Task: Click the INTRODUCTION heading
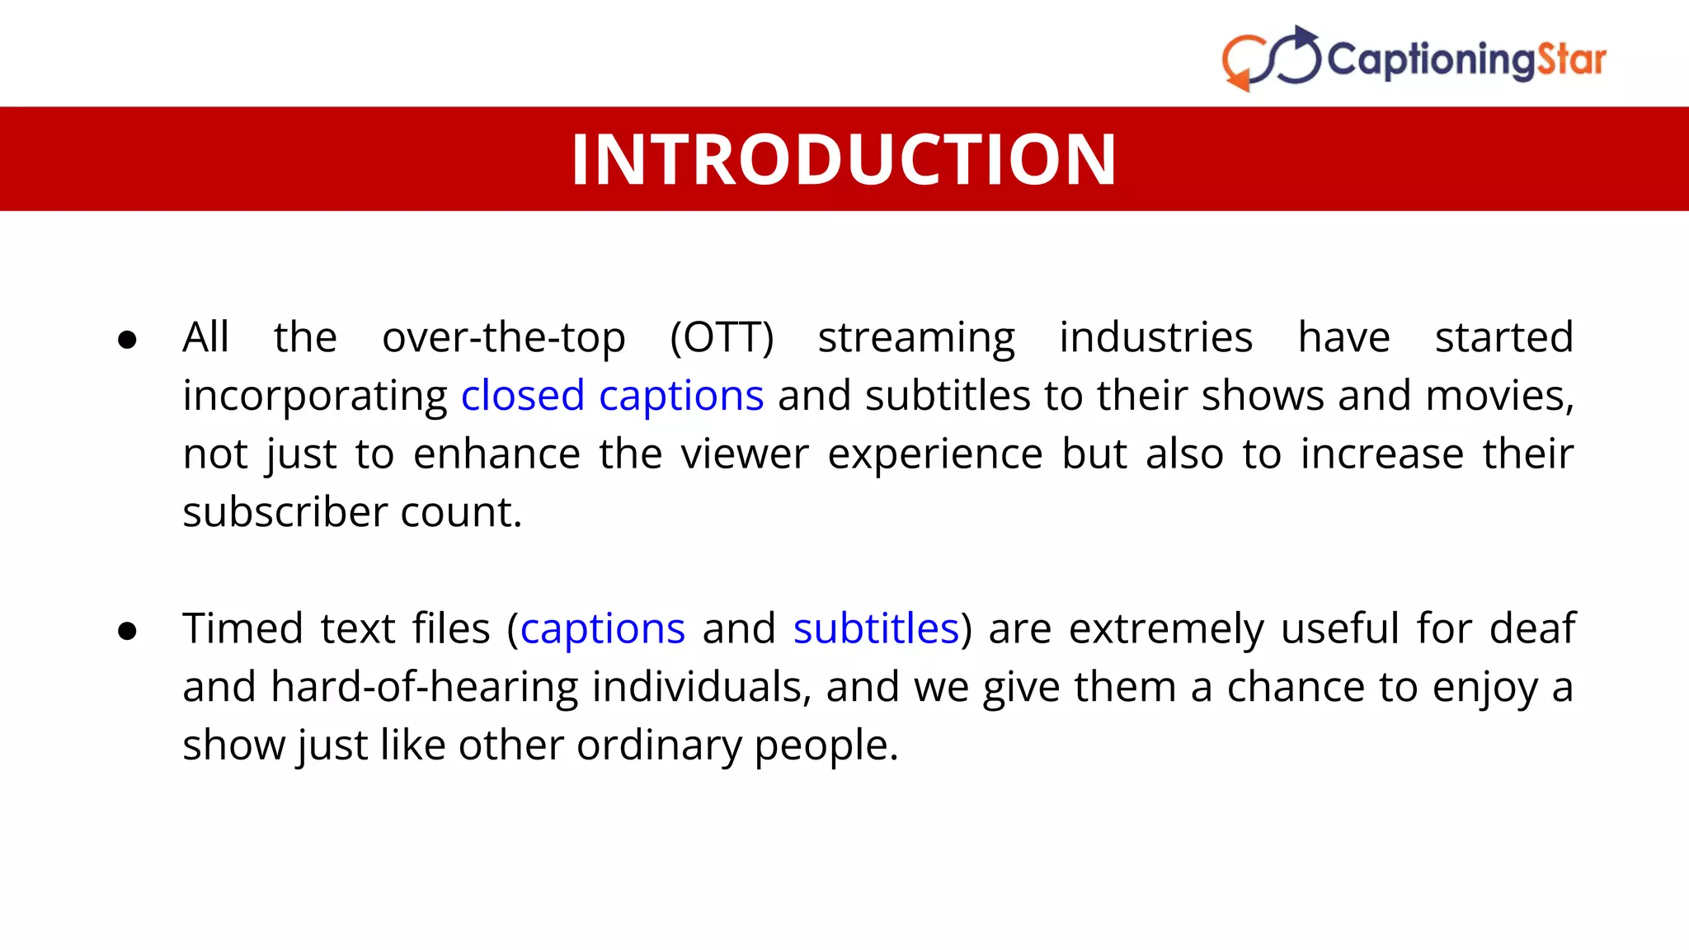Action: click(x=844, y=159)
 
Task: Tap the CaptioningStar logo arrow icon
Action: click(x=1271, y=59)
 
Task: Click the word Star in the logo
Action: click(x=1571, y=59)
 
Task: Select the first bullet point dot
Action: click(x=127, y=339)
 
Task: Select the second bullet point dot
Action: click(x=127, y=631)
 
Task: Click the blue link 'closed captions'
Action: click(x=612, y=396)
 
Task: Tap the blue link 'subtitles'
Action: click(x=876, y=629)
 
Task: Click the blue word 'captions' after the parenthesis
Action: click(x=603, y=629)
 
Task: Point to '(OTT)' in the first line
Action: click(x=722, y=338)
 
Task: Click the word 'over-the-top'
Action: click(x=504, y=338)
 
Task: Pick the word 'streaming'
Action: click(x=916, y=338)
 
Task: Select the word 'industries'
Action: click(x=1155, y=338)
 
